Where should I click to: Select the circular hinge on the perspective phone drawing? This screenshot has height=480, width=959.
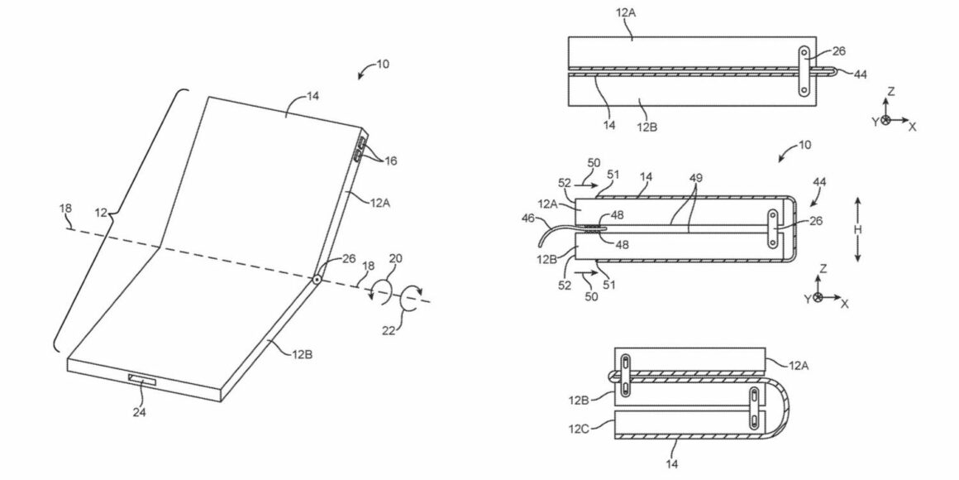317,280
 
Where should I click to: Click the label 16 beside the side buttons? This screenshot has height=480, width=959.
390,161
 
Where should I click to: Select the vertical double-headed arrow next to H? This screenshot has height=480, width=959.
859,230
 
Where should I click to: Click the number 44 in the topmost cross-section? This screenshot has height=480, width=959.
860,74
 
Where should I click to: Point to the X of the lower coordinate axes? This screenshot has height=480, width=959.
844,304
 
